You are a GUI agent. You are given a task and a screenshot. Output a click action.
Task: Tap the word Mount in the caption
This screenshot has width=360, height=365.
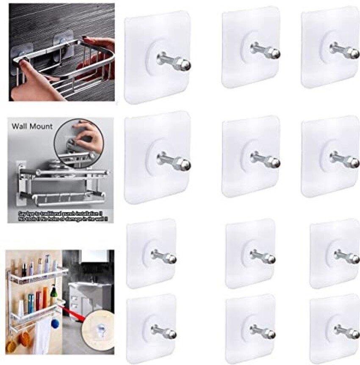pos(42,126)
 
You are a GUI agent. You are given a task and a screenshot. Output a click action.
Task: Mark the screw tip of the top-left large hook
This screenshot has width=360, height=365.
pos(185,64)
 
